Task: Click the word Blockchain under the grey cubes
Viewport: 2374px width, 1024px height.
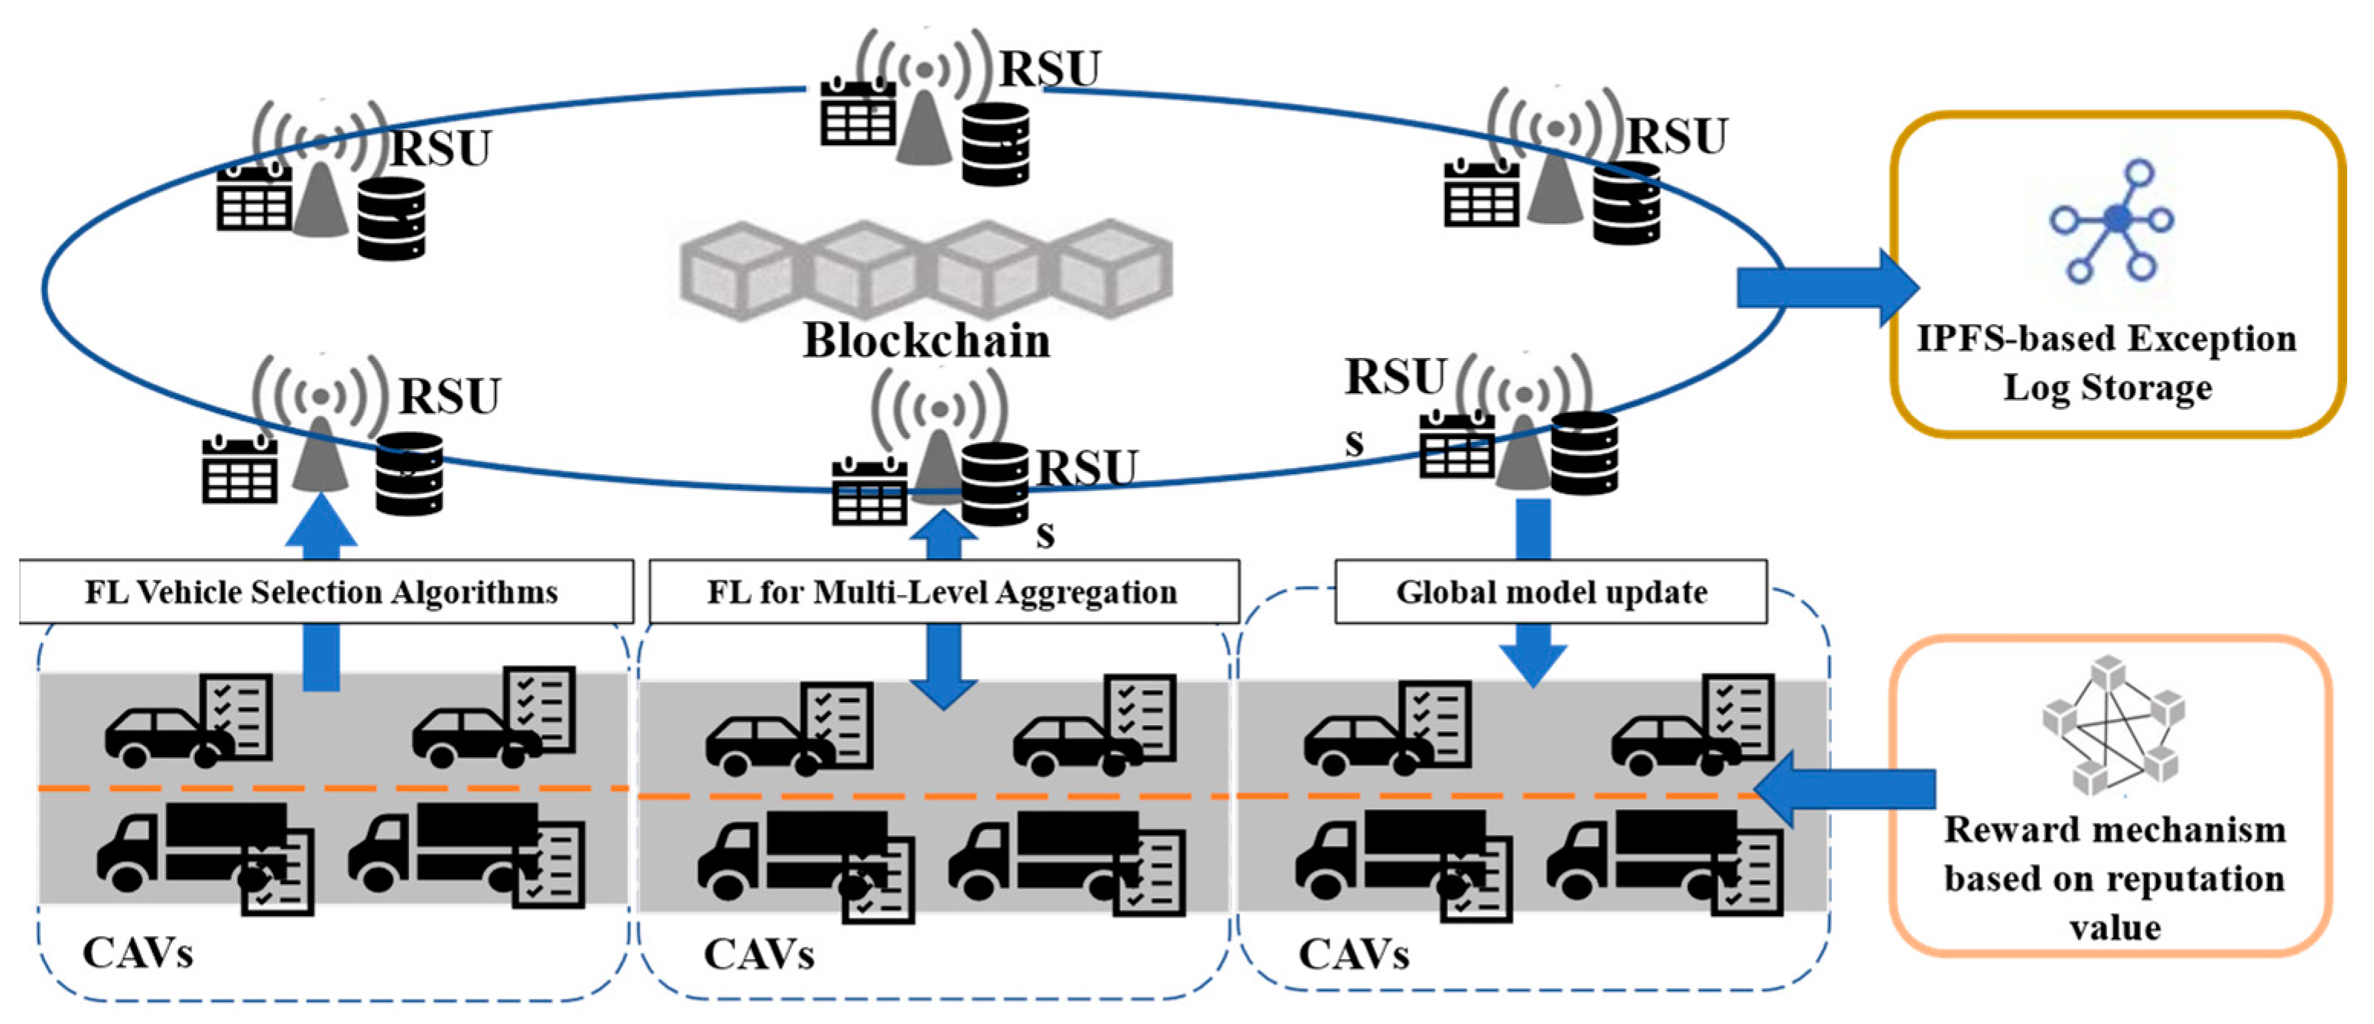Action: tap(925, 340)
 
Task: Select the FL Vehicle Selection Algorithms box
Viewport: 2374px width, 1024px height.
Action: tap(322, 592)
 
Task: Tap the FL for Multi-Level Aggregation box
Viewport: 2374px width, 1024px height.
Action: tap(942, 592)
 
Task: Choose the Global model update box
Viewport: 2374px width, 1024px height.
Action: tap(1551, 592)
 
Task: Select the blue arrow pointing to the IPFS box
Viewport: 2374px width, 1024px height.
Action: tap(1825, 288)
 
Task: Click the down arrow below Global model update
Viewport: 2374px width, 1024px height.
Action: tap(1533, 655)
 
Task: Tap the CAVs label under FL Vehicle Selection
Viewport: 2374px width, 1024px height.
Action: tap(138, 953)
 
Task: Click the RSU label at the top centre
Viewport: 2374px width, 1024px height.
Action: tap(1050, 69)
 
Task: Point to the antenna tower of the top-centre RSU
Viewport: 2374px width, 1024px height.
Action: tap(924, 120)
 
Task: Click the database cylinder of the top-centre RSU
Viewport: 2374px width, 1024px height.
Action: tap(995, 144)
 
